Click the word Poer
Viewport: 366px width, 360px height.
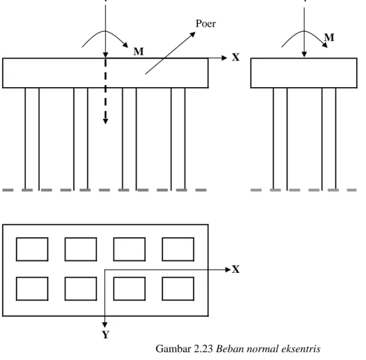205,24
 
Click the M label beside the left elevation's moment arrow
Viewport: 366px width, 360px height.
139,52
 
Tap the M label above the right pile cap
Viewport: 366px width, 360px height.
329,38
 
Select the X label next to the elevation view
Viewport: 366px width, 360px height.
236,57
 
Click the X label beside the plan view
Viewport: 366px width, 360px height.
236,270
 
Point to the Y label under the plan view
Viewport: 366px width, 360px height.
106,335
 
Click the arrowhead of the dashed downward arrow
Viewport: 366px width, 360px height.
106,122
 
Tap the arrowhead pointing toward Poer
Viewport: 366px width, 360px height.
192,34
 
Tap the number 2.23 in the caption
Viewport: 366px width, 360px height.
203,349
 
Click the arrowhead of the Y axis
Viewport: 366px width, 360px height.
105,325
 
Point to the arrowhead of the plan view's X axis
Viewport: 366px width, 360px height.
228,270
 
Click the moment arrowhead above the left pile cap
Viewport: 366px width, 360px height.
126,45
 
